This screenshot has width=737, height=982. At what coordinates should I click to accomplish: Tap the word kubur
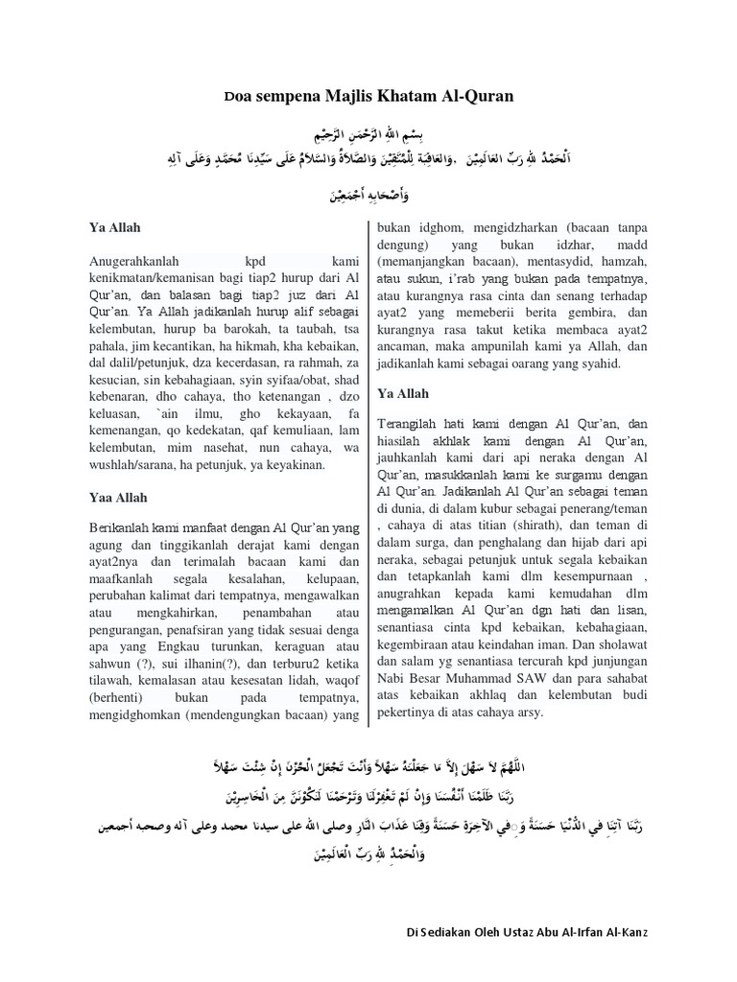[x=510, y=506]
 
